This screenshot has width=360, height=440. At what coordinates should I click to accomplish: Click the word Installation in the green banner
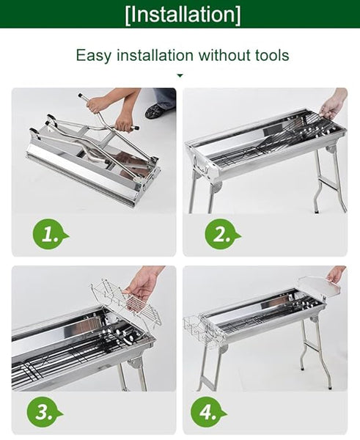[182, 14]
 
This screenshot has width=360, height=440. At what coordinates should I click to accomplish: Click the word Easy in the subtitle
[95, 55]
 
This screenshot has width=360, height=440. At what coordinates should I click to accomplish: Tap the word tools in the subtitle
[269, 55]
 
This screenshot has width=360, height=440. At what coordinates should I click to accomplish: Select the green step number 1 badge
[48, 235]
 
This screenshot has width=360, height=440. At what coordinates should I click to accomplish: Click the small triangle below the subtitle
[180, 75]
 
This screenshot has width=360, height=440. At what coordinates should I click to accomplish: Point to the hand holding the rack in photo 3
[144, 282]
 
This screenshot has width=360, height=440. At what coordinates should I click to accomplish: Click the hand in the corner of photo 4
[336, 274]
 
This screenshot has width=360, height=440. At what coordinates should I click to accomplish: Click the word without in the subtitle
[221, 55]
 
